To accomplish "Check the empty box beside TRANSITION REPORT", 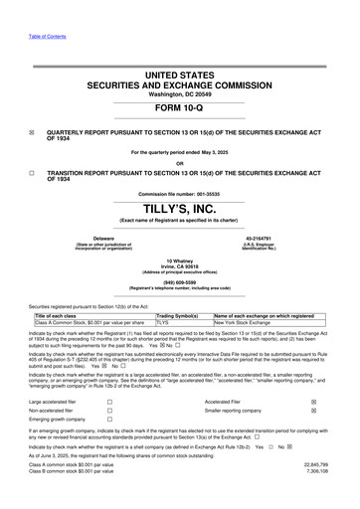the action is click(x=32, y=172).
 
